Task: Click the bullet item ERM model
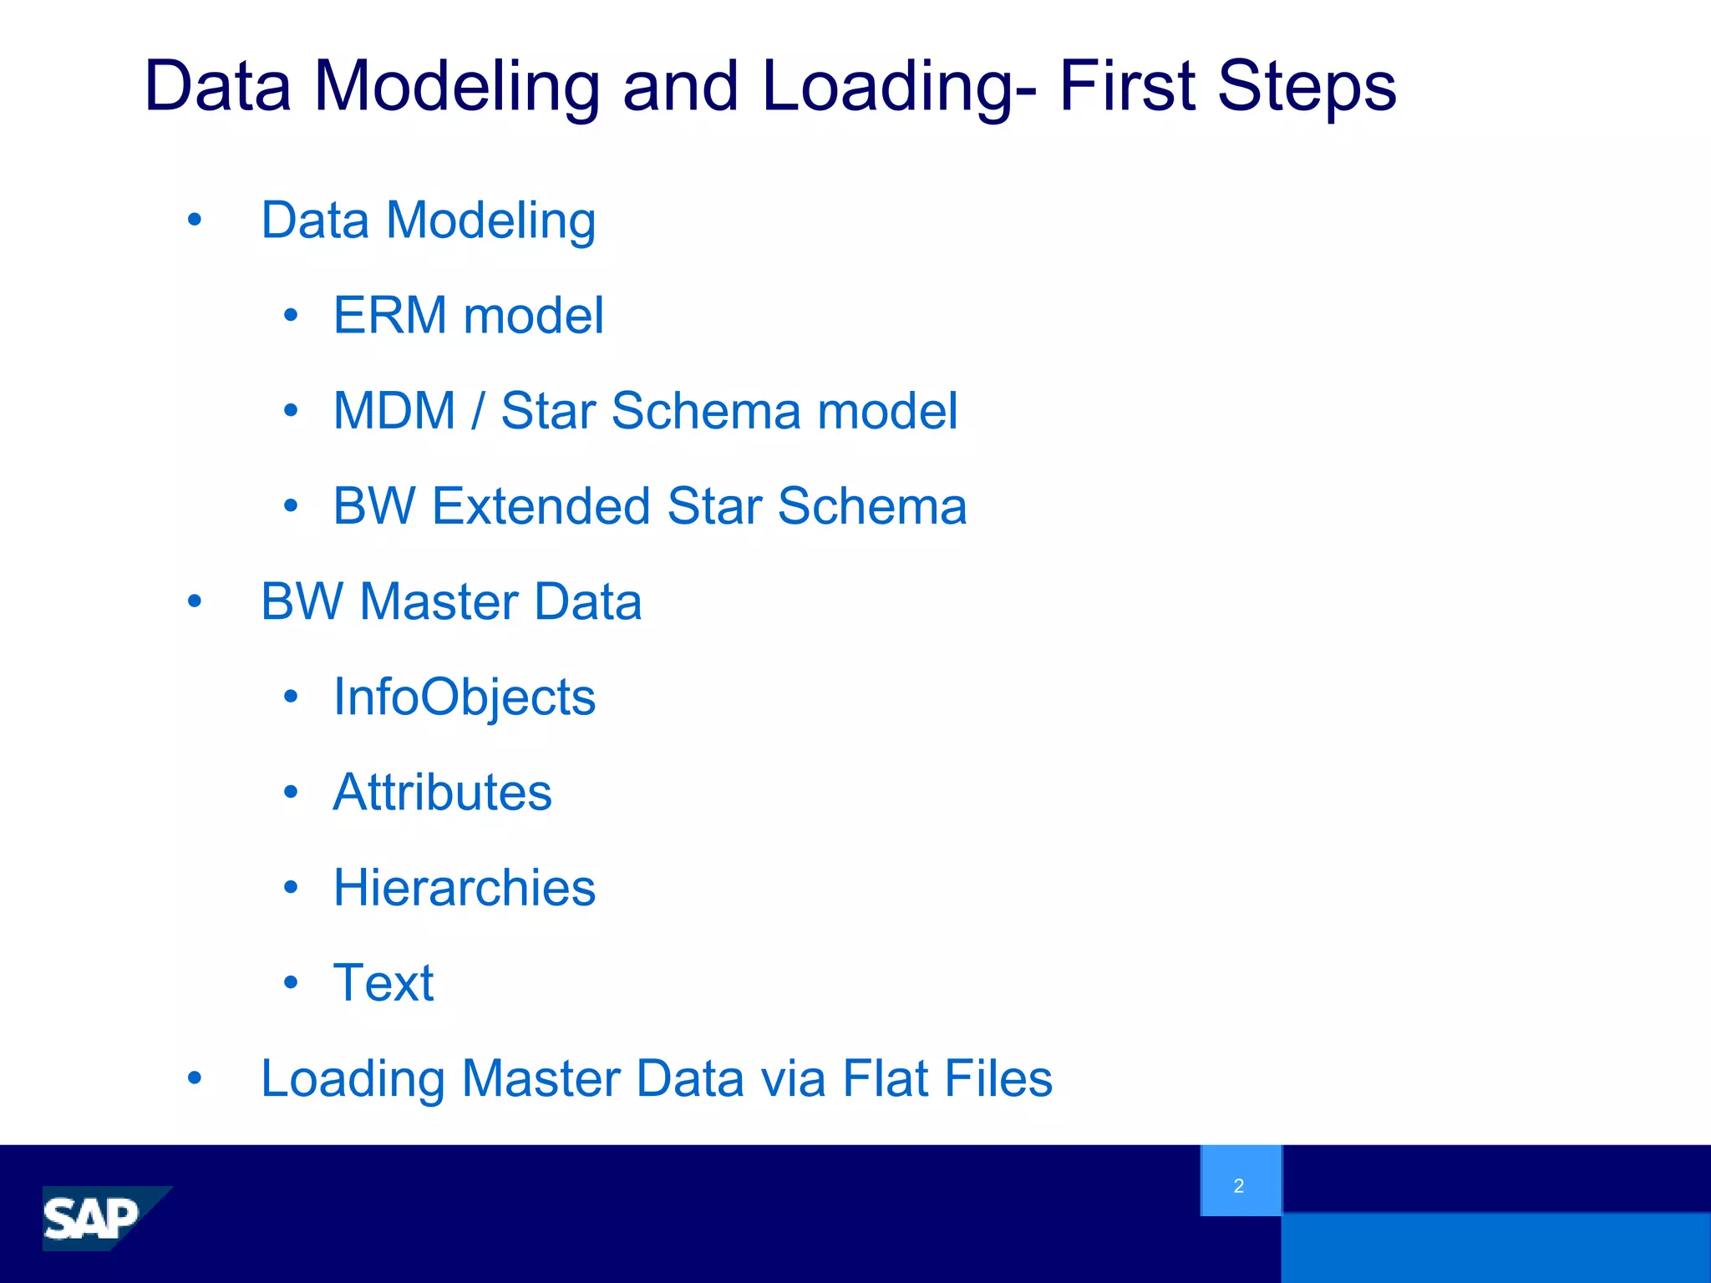[468, 316]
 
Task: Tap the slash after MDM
[478, 411]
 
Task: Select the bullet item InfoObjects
[464, 697]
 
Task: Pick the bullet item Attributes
[442, 792]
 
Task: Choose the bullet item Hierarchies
[464, 887]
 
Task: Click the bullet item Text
[383, 982]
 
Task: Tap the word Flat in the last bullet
[886, 1078]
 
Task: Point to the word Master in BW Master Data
[439, 601]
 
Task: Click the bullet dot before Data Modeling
[195, 221]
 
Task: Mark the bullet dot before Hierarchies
[291, 887]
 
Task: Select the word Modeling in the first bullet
[491, 221]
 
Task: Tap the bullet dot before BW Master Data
[195, 601]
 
